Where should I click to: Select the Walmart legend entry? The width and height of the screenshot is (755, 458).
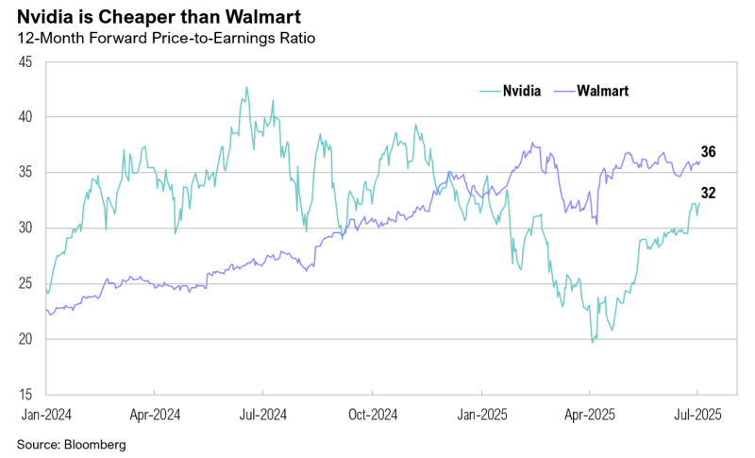pos(602,91)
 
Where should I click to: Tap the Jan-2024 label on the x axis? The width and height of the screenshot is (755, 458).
pos(45,413)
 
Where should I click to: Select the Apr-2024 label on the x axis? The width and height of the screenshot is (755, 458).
pos(154,413)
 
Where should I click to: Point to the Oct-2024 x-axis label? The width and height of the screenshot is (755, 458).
pos(372,413)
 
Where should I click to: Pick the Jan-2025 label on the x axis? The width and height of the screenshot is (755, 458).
pos(481,413)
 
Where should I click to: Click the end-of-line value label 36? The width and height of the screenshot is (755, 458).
pos(709,152)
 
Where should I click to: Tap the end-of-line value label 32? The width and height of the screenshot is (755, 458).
pos(709,194)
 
